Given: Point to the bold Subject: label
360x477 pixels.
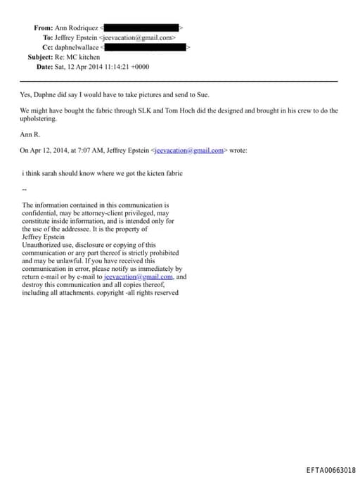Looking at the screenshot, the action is [40, 56].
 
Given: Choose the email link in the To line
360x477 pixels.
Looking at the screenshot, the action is [137, 37].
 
